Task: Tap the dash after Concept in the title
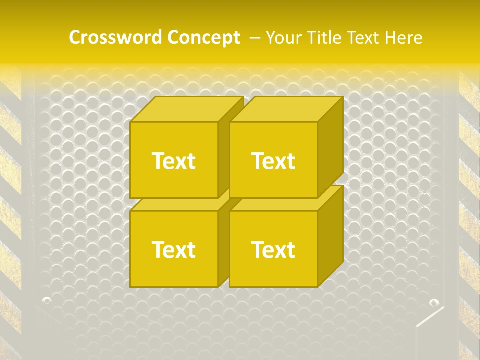[254, 38]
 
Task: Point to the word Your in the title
[283, 38]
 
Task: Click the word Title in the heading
[323, 38]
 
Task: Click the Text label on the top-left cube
[173, 161]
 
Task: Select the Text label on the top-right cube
[273, 161]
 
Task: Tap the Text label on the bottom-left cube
[173, 249]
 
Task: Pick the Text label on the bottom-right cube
[273, 249]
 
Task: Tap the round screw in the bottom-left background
[47, 300]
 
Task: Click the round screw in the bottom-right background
[434, 302]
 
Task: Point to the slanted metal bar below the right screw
[430, 317]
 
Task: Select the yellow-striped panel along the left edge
[10, 200]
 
